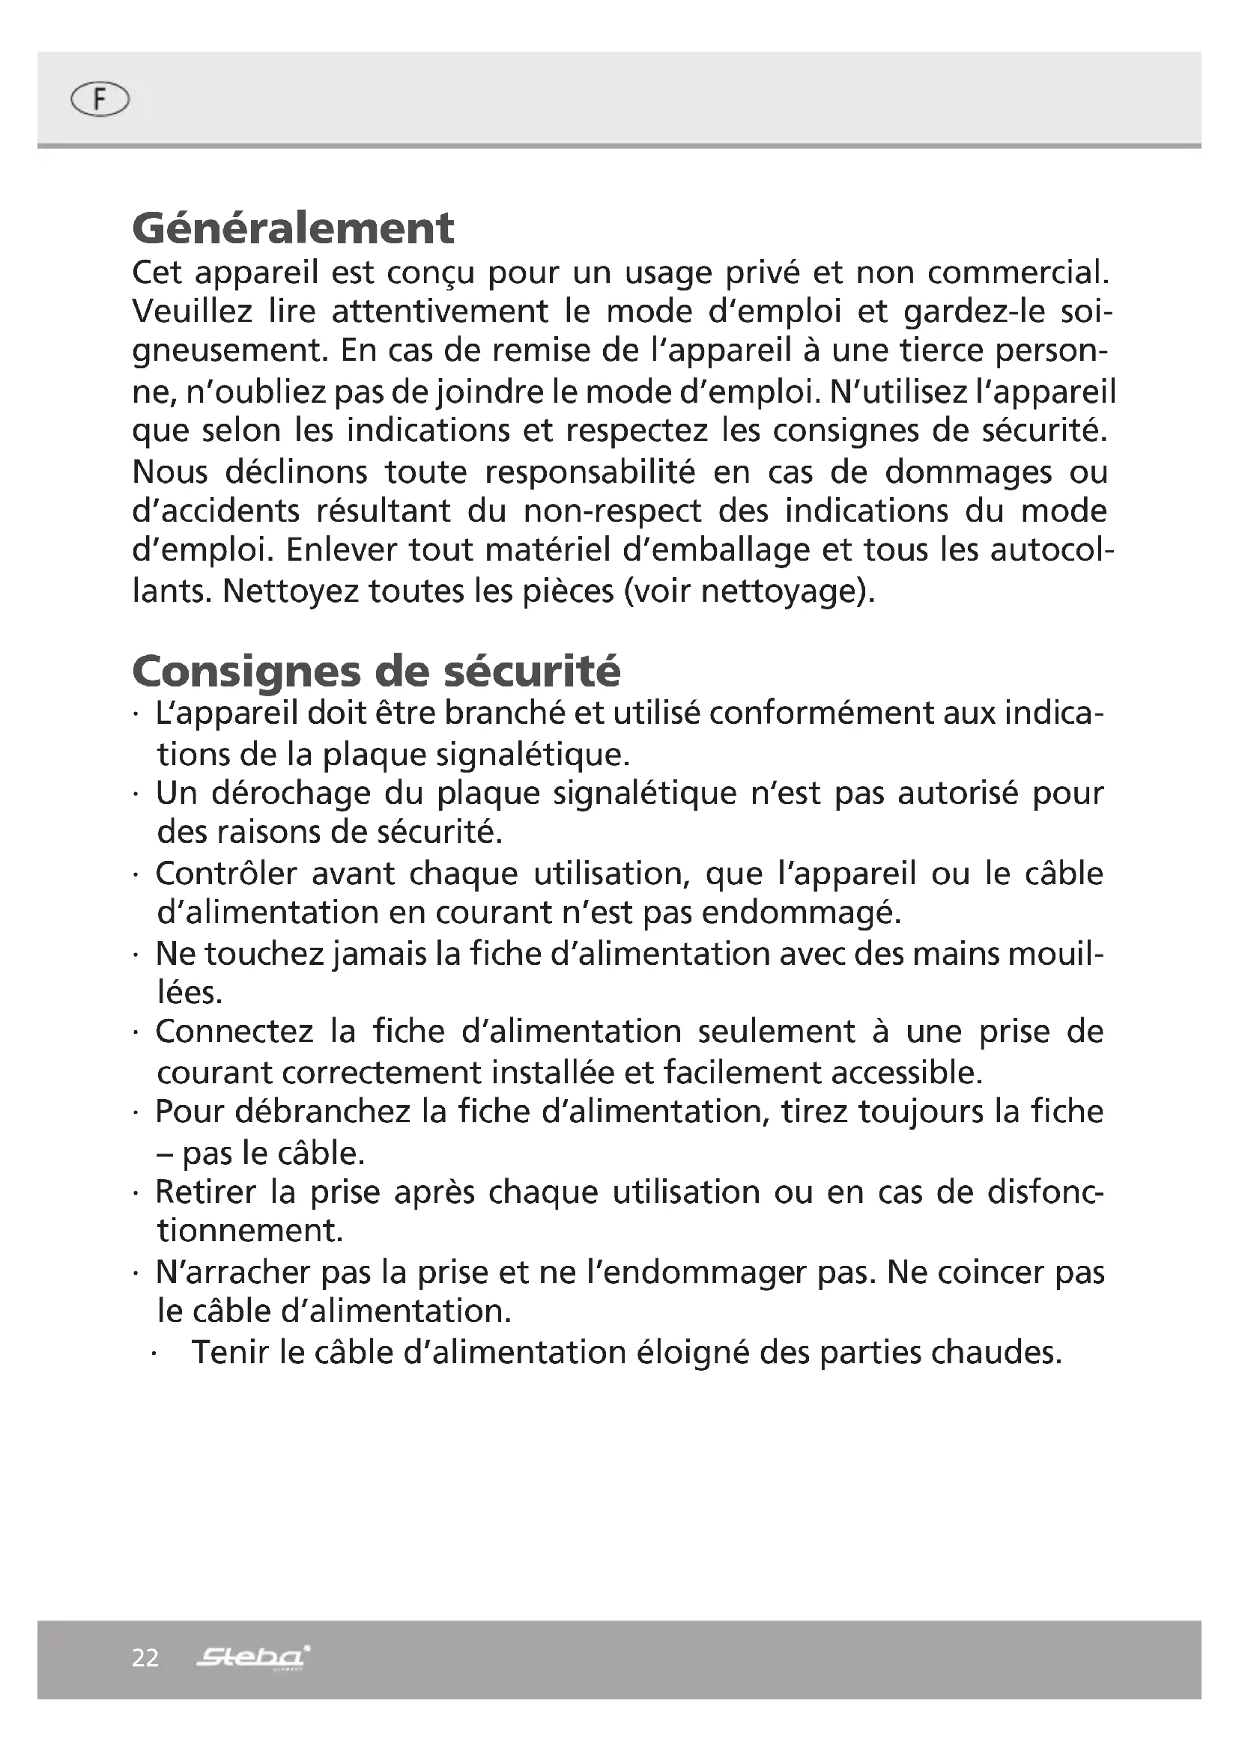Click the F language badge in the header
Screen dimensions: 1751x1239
[x=99, y=100]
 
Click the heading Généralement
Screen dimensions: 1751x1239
[x=293, y=228]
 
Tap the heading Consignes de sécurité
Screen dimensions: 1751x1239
[x=376, y=671]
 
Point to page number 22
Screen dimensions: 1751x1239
[x=145, y=1657]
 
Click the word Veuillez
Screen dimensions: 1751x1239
[x=192, y=311]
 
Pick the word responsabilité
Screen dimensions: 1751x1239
[x=590, y=472]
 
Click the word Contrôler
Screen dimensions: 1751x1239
[x=225, y=873]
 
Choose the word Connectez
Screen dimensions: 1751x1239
[x=234, y=1032]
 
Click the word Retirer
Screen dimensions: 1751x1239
[x=205, y=1192]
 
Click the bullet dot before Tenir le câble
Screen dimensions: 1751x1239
[x=155, y=1355]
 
